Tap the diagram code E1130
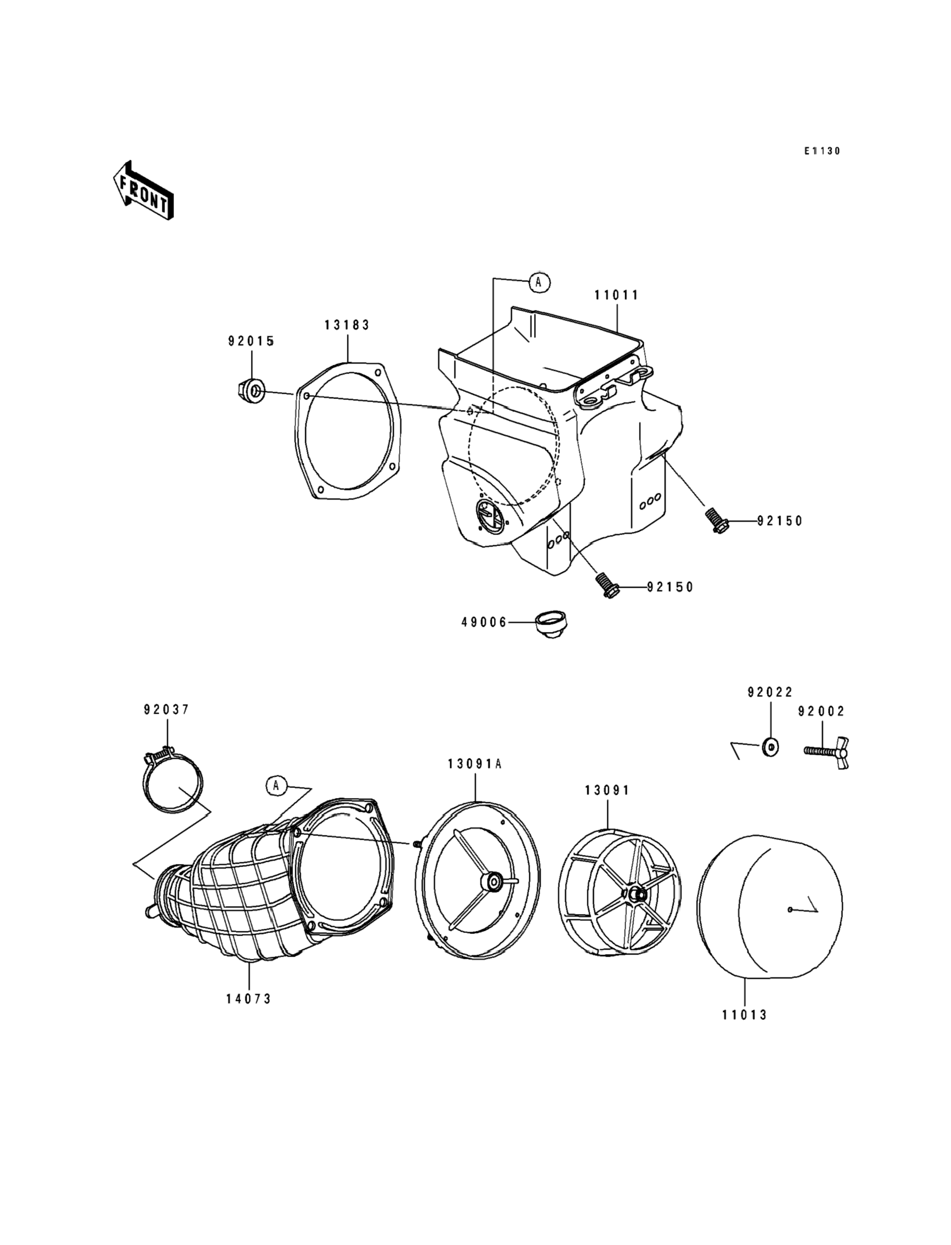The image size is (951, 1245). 822,151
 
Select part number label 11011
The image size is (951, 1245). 616,295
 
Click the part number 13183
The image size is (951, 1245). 346,325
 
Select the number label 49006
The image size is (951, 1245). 484,622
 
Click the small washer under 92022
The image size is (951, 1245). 770,747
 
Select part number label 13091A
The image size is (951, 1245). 474,764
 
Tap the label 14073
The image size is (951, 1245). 248,999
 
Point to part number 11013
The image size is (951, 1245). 744,1015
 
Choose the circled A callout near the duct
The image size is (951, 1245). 276,785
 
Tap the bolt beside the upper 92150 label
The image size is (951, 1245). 716,520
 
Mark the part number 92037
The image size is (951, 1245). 167,709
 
